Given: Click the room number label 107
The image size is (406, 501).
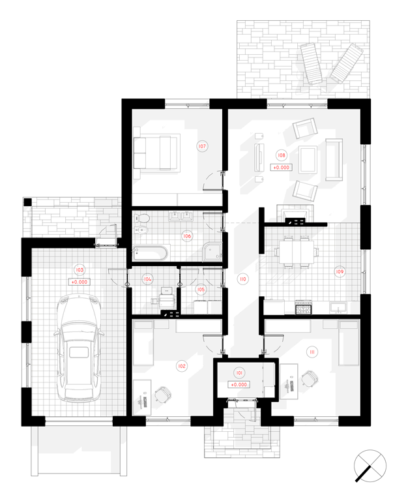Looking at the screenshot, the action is coord(202,146).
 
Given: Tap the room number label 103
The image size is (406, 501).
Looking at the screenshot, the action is coord(79,269).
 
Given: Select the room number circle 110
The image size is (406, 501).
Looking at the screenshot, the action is coord(243,279).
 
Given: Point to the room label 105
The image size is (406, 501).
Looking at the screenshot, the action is coord(201,290).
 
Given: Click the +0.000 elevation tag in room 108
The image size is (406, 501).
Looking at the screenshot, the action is coord(281,167).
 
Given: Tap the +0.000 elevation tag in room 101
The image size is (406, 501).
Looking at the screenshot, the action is coord(239,384).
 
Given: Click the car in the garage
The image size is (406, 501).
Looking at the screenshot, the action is coord(79,348).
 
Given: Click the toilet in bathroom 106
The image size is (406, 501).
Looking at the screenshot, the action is coord(142,219).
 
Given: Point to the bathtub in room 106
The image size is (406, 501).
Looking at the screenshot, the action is coord(150,253).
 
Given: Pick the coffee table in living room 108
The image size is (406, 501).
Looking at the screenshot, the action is coord(308,160).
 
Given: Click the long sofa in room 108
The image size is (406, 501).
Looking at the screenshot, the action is coord(334,160).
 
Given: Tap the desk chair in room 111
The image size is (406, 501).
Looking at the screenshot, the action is coord(309,378).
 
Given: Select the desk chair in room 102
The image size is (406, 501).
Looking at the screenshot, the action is coord(162,395).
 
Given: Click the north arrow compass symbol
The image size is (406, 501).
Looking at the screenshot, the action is coord(370,466).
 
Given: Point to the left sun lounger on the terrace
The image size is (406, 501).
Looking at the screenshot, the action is coord(311,63).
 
